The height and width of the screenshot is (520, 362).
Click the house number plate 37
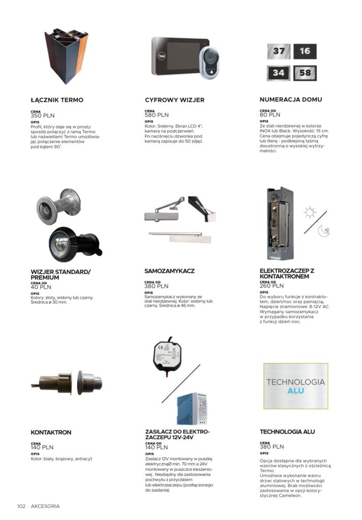pos(279,51)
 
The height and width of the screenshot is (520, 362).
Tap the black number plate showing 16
pos(305,51)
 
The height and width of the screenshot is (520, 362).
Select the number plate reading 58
pos(305,73)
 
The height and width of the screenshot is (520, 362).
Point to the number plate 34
pos(279,73)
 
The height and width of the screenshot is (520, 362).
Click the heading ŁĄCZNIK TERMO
pos(57,100)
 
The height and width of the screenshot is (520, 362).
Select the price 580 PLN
pos(157,115)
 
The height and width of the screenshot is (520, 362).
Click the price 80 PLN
pos(270,115)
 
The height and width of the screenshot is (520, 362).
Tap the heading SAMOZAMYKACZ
pos(169,271)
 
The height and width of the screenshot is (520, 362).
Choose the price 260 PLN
pos(271,286)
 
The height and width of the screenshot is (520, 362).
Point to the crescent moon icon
pos(323,231)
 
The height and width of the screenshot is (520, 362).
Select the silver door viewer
pos(57,204)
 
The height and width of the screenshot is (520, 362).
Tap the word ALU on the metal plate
pos(295,391)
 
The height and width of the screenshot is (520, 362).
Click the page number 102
pos(21,506)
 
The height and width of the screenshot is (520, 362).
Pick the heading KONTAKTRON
pos(51,433)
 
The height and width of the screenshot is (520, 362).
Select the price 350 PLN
pos(42,116)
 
